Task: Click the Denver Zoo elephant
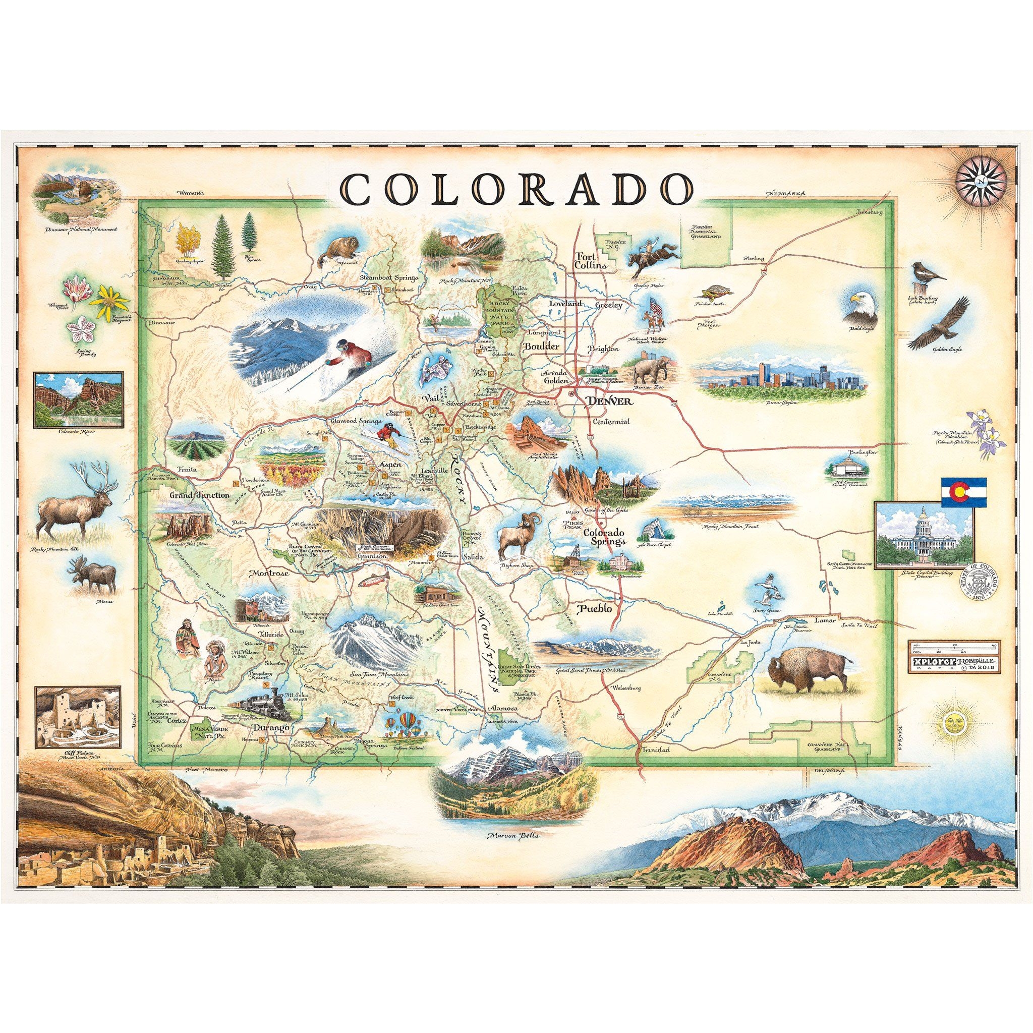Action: coord(651,369)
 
